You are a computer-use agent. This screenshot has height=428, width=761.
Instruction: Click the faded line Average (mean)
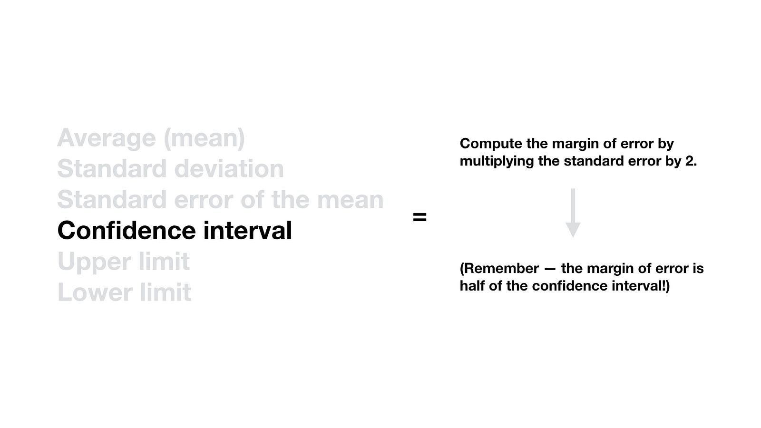(x=151, y=138)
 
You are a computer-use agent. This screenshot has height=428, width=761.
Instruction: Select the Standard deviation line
(x=171, y=168)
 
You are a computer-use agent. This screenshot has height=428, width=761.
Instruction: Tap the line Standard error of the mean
(x=221, y=199)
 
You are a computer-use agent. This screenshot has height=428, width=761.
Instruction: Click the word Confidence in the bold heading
(x=127, y=230)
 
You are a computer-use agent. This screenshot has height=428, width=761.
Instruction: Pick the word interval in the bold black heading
(x=248, y=230)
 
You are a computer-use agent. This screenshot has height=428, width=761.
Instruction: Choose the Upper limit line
(x=124, y=262)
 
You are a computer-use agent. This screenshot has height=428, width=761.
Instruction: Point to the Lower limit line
(x=124, y=292)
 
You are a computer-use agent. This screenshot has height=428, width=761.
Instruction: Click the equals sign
(x=420, y=217)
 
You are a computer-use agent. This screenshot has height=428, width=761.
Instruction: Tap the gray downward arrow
(x=573, y=213)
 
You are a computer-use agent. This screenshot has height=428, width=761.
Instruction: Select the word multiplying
(x=497, y=161)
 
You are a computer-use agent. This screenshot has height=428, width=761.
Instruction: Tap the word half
(x=472, y=286)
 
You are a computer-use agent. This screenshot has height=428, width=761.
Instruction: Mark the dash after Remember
(x=550, y=270)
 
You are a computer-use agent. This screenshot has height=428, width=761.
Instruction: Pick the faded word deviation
(x=229, y=168)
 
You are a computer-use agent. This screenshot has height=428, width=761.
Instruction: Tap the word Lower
(x=95, y=292)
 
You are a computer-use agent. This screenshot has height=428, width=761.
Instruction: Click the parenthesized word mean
(x=204, y=138)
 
